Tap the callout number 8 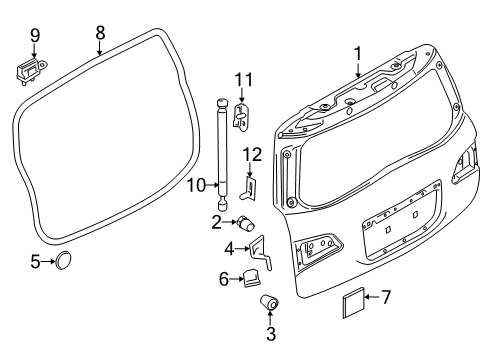(100, 33)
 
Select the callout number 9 (34, 35)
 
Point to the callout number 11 (240, 81)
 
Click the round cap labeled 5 (64, 261)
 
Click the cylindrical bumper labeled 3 (269, 302)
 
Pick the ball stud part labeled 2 (246, 221)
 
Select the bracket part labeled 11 (241, 117)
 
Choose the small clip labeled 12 (251, 187)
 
